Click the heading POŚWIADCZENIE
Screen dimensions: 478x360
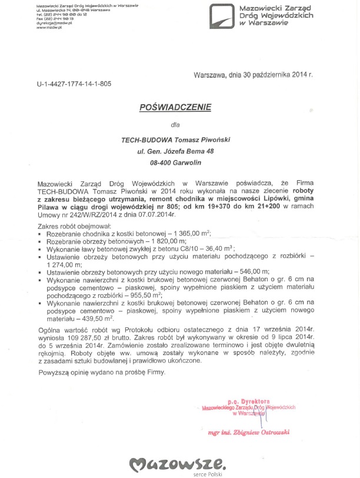pos(174,108)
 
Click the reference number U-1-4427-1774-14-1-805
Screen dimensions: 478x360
pos(74,84)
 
